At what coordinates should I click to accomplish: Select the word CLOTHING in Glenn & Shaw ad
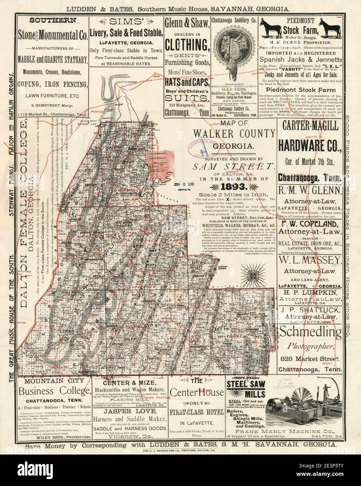click(187, 45)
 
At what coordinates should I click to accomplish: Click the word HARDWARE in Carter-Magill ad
click(310, 144)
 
